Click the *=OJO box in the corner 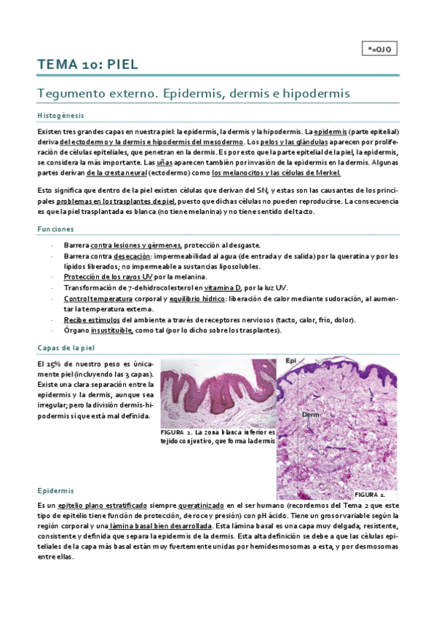[x=379, y=49]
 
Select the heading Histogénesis [x=60, y=116]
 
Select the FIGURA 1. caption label [x=371, y=493]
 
